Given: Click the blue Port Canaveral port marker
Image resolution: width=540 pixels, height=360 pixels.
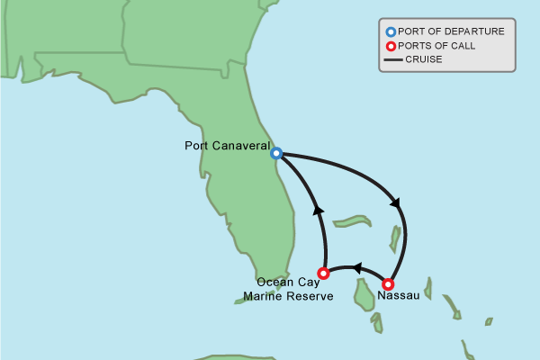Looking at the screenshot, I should (x=276, y=153).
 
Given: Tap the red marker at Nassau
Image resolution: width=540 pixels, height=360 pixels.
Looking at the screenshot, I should (x=389, y=283).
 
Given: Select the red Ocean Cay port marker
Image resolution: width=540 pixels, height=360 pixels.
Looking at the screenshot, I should (x=324, y=271).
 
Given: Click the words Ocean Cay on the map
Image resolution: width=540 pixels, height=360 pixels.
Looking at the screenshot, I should (x=281, y=282).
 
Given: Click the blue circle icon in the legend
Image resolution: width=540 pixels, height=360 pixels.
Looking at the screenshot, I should (x=391, y=31).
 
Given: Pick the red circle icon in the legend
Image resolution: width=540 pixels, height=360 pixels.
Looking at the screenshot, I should (x=391, y=46).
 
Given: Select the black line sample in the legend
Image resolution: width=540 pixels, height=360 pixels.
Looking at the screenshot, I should (x=392, y=60).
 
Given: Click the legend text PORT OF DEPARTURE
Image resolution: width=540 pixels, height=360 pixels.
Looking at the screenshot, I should (x=451, y=31).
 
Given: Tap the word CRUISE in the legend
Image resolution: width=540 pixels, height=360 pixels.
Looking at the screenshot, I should (x=423, y=60).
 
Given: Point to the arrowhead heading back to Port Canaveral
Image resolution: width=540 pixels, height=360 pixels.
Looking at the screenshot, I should (x=319, y=210).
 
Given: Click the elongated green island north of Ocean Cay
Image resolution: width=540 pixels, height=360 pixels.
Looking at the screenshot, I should (x=353, y=220).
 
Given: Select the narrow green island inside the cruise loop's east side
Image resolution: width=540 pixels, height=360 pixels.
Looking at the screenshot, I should (x=394, y=238).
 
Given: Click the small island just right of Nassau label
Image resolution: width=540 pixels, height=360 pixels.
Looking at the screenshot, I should (x=427, y=290).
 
